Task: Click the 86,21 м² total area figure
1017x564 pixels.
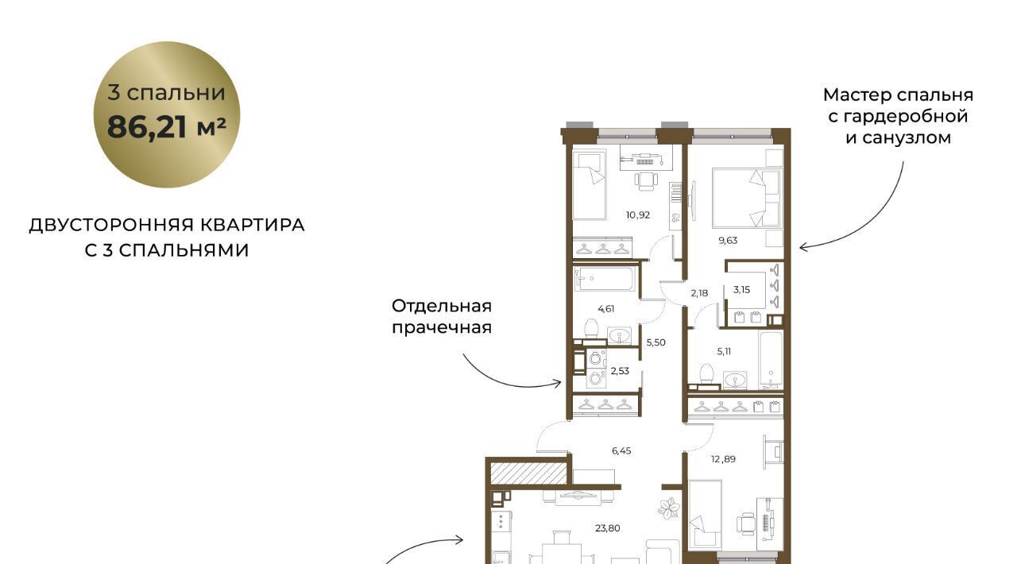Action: pyautogui.click(x=167, y=127)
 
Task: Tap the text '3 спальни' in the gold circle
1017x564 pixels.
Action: pyautogui.click(x=167, y=93)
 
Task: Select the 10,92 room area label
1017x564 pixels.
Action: pyautogui.click(x=638, y=215)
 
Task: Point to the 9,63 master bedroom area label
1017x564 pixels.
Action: pyautogui.click(x=727, y=241)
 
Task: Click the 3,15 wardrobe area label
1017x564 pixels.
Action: pyautogui.click(x=742, y=290)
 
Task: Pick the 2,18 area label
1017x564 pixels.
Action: pyautogui.click(x=699, y=293)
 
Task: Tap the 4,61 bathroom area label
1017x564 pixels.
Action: pyautogui.click(x=606, y=309)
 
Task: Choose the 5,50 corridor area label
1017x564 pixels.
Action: pyautogui.click(x=656, y=343)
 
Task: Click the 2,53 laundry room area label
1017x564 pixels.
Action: pyautogui.click(x=620, y=371)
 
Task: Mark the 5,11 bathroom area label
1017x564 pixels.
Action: pyautogui.click(x=724, y=351)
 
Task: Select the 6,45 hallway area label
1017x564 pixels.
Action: pyautogui.click(x=621, y=451)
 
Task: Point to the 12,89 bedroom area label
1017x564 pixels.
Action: pyautogui.click(x=723, y=459)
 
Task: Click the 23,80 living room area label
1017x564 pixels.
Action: pyautogui.click(x=608, y=528)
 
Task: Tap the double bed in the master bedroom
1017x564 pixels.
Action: pyautogui.click(x=747, y=198)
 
